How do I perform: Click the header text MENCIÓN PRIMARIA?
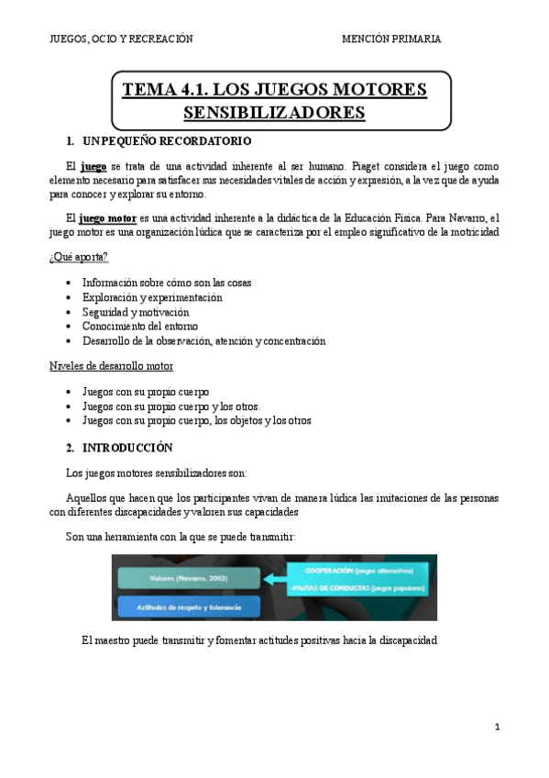[391, 39]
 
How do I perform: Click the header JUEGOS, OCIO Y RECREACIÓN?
[120, 39]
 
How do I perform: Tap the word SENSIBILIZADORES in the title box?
[274, 113]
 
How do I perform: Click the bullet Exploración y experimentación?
[152, 297]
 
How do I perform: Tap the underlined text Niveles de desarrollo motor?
[111, 366]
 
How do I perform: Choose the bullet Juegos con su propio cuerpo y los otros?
[171, 406]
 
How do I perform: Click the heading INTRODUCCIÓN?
[127, 448]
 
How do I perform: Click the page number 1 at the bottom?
[497, 728]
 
